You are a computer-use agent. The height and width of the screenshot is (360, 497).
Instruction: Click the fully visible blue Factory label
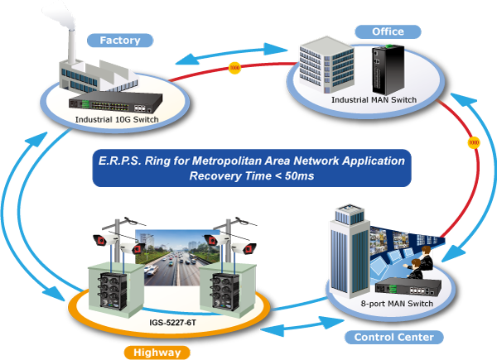[x=120, y=40]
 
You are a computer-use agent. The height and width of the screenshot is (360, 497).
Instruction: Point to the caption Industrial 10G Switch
[x=117, y=119]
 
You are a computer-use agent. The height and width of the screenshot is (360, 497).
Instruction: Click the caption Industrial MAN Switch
[x=374, y=100]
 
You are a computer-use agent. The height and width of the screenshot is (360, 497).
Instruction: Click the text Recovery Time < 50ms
[x=252, y=175]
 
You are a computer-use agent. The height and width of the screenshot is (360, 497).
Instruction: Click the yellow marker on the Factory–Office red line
[x=234, y=67]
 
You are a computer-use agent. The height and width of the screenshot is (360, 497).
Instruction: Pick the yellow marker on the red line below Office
[x=473, y=142]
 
